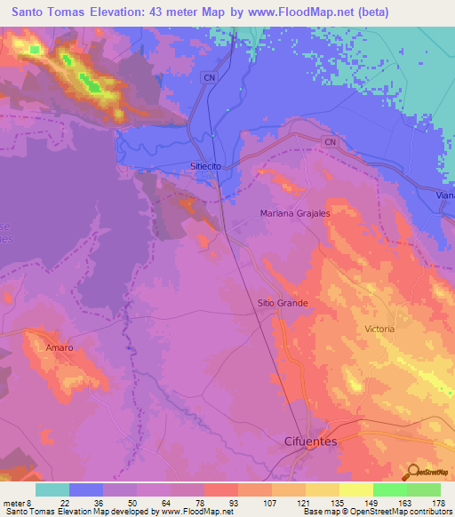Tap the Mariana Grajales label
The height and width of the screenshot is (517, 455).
tap(295, 213)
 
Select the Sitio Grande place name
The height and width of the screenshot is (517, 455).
tap(283, 303)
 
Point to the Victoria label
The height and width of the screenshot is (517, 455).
tap(379, 329)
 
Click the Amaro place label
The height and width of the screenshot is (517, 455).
tap(60, 347)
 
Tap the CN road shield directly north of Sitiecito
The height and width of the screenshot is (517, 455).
tap(210, 78)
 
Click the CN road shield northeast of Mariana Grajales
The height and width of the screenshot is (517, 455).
tap(331, 142)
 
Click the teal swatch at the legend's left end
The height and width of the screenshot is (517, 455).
tap(52, 490)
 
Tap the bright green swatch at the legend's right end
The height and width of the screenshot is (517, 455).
tap(423, 490)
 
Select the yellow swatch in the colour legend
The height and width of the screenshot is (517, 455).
tap(355, 490)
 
